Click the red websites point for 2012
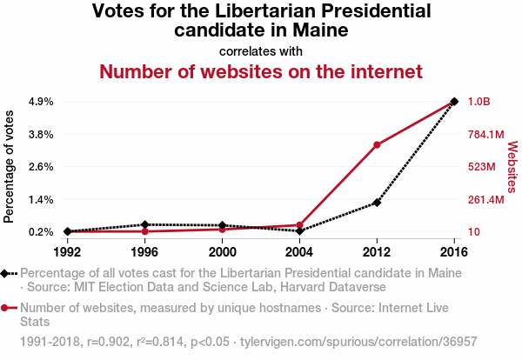pos(377,144)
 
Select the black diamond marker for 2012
pos(377,203)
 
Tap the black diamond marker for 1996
pos(144,224)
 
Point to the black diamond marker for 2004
pos(299,231)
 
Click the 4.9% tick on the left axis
pos(41,102)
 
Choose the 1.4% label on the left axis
pos(41,200)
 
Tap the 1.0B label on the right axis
pos(479,102)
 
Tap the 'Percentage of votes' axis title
pos(10,166)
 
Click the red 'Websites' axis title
pos(512,166)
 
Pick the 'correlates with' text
pos(261,50)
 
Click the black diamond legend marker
pos(7,274)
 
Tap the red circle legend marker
pos(7,307)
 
